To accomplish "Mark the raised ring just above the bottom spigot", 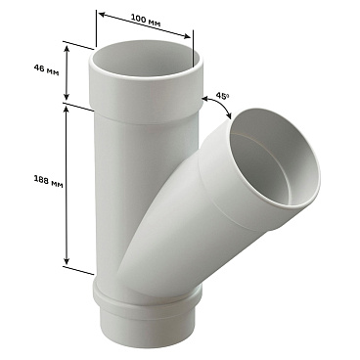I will pyautogui.click(x=152, y=293).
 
